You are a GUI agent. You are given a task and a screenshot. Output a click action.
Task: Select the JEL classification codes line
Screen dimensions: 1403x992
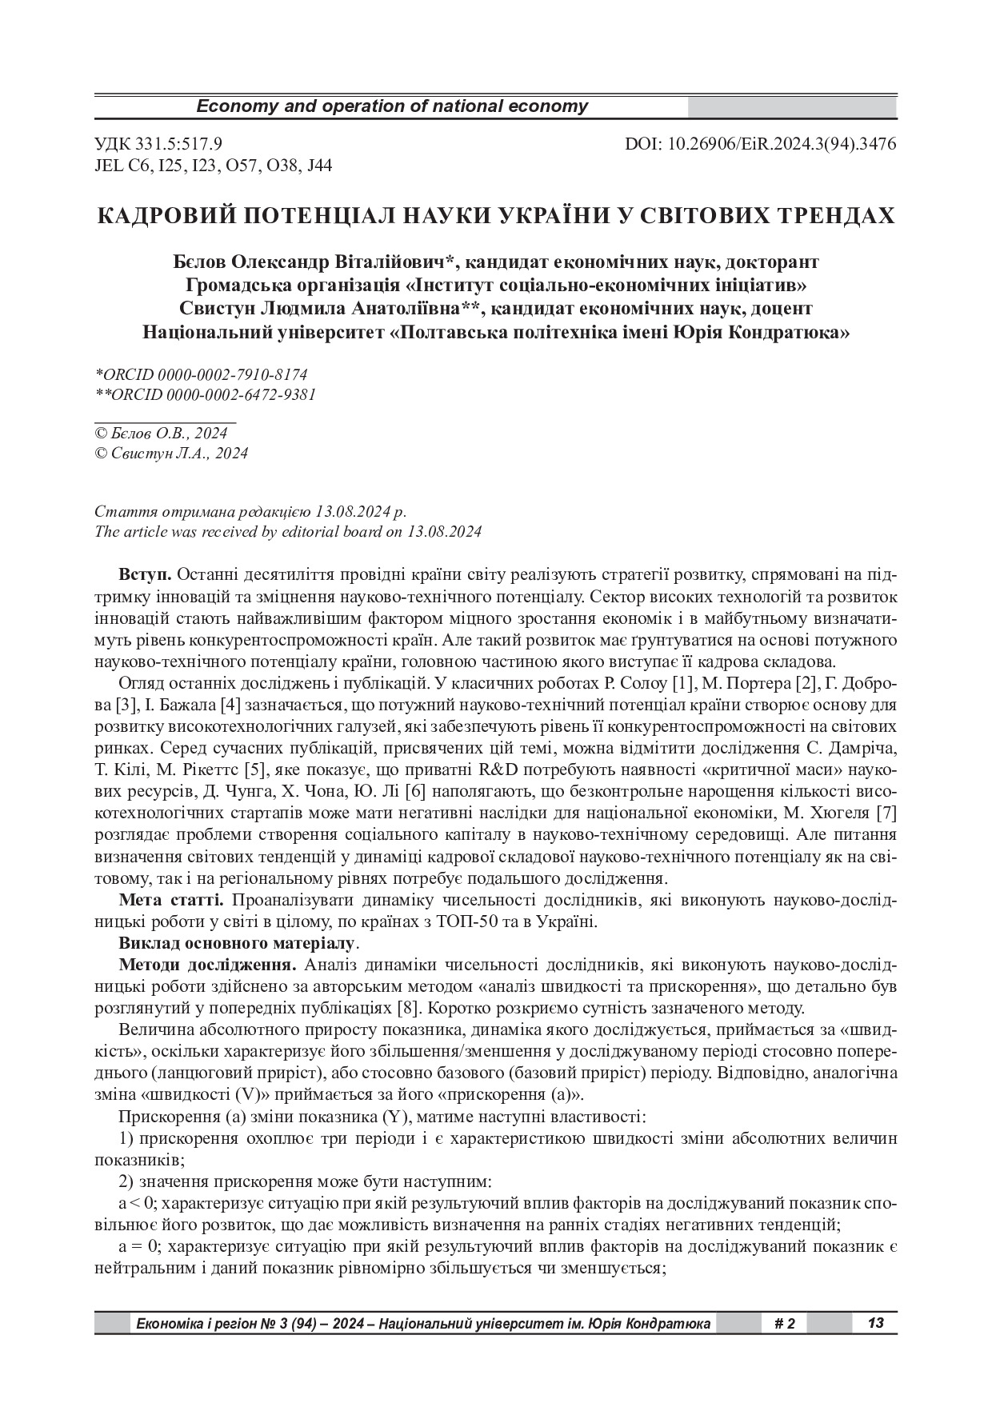click(214, 166)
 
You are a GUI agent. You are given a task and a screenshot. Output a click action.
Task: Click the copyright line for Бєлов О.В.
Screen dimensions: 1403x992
click(161, 433)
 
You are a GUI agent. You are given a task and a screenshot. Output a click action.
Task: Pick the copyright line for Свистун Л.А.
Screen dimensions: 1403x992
click(171, 454)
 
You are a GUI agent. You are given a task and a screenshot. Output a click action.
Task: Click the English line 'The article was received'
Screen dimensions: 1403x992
click(288, 531)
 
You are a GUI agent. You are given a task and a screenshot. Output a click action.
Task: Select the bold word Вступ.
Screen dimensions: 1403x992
click(144, 574)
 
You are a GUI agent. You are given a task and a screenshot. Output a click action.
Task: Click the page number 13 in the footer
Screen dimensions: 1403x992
click(875, 1323)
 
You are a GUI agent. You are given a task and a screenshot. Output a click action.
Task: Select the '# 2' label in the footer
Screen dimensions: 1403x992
click(785, 1323)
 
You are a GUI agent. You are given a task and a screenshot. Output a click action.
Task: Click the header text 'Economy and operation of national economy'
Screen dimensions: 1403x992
click(392, 106)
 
